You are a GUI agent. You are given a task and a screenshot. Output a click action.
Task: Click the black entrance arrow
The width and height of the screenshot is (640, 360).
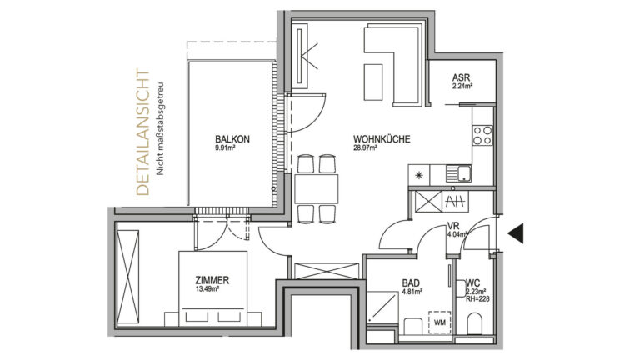[516, 233]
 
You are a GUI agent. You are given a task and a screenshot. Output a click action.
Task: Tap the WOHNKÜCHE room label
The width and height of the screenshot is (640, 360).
[382, 139]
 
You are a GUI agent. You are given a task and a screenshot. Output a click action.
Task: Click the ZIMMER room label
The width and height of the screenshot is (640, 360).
[212, 280]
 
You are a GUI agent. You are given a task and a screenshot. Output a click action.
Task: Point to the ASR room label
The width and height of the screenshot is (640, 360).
[461, 77]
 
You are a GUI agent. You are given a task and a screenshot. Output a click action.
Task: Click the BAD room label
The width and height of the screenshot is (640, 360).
[411, 282]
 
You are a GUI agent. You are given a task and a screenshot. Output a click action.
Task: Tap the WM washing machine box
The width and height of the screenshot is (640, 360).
[440, 322]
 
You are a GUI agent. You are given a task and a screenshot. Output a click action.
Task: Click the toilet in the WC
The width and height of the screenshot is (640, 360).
[474, 323]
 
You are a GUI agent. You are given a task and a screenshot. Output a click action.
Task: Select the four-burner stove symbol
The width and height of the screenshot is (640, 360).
[482, 136]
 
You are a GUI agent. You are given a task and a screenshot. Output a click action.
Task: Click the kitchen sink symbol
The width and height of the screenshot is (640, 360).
[459, 173]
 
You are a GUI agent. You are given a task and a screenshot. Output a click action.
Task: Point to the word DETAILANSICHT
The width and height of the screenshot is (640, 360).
[142, 132]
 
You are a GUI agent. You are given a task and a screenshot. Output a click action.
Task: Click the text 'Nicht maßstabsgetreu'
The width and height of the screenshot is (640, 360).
[160, 129]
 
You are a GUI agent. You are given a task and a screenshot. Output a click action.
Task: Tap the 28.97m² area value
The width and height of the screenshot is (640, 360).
[365, 147]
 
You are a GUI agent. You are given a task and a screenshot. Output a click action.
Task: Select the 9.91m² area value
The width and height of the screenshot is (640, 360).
[225, 147]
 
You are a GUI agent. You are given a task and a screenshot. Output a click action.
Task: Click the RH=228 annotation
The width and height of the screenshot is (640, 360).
[477, 299]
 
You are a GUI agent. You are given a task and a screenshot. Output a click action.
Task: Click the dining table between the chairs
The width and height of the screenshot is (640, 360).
[317, 189]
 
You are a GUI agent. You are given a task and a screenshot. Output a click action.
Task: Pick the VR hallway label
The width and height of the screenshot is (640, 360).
[453, 226]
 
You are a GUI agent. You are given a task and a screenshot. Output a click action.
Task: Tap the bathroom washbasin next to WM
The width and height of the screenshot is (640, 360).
[413, 326]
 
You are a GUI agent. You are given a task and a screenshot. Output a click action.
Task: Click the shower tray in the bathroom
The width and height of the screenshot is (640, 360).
[382, 307]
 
